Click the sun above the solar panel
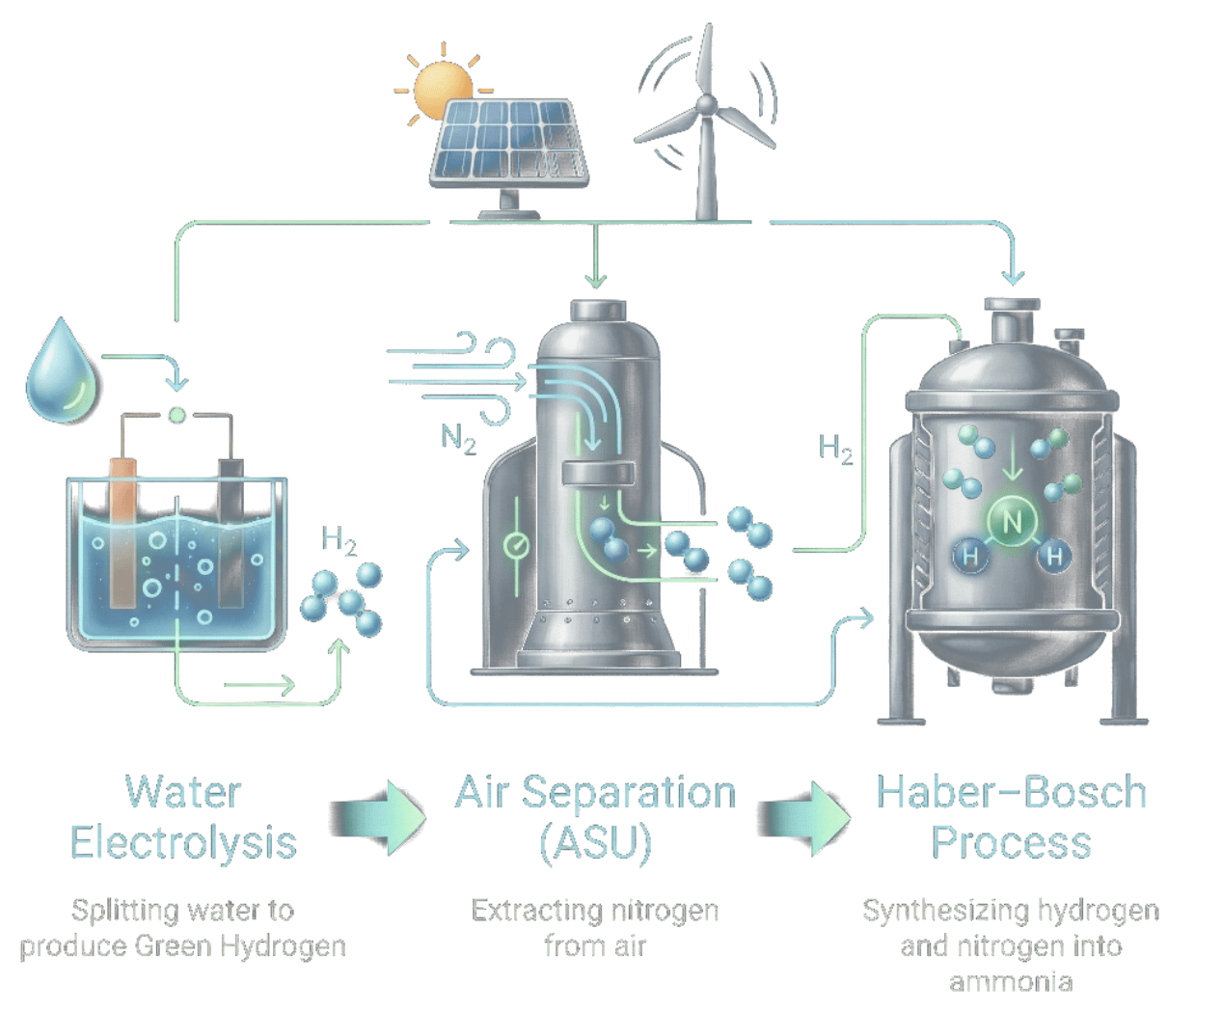click(440, 90)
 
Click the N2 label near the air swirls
click(458, 439)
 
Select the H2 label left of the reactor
click(836, 450)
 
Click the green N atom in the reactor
click(1011, 522)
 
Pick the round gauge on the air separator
click(516, 546)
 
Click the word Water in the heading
click(182, 793)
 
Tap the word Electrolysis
click(182, 842)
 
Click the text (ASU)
click(595, 842)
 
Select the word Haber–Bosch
click(1011, 793)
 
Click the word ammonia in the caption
click(1011, 982)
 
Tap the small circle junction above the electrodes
click(177, 416)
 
